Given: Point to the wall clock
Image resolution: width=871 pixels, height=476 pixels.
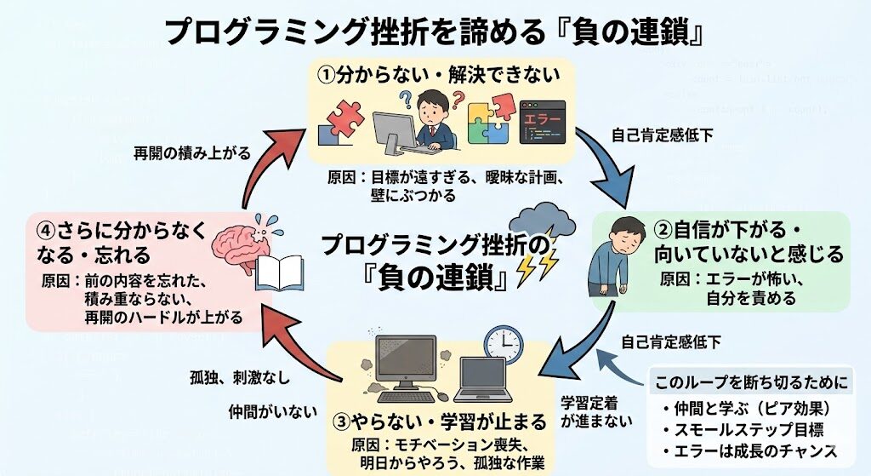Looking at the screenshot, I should (503, 342).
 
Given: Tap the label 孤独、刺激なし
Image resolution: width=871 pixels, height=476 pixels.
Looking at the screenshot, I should (240, 375).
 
